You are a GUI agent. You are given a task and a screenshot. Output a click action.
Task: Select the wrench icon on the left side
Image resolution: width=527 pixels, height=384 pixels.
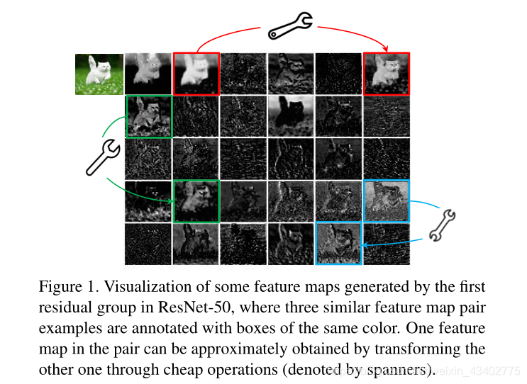102,157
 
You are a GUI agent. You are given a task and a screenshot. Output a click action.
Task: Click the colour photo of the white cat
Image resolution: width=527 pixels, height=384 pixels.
99,74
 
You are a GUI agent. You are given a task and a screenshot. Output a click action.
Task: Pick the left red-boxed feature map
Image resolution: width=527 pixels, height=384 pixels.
196,74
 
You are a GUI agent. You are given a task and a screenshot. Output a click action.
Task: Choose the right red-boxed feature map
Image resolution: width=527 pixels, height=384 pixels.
387,74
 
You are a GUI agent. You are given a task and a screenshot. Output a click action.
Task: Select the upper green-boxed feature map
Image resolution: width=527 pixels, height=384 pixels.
149,116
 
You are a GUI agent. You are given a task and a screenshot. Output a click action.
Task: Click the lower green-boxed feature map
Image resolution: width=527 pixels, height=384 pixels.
196,201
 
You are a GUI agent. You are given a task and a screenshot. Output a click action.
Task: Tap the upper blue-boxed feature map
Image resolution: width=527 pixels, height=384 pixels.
387,201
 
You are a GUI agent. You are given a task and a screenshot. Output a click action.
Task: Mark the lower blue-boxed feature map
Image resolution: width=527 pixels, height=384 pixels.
339,244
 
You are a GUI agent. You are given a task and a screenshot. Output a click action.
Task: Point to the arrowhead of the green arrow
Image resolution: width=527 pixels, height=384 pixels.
172,201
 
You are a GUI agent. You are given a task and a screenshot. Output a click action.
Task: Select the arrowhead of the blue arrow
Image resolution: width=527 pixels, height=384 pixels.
365,245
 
